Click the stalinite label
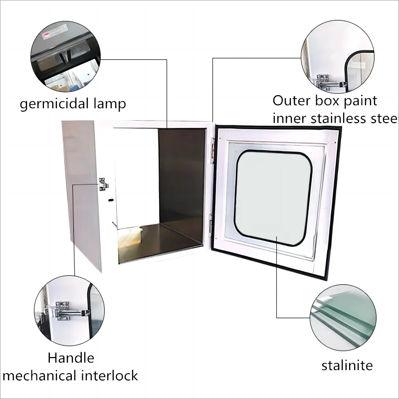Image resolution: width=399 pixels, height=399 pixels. [x=347, y=366]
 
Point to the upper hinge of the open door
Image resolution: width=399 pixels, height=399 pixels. [x=212, y=152]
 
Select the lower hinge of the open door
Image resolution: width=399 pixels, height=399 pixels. [x=211, y=224]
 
